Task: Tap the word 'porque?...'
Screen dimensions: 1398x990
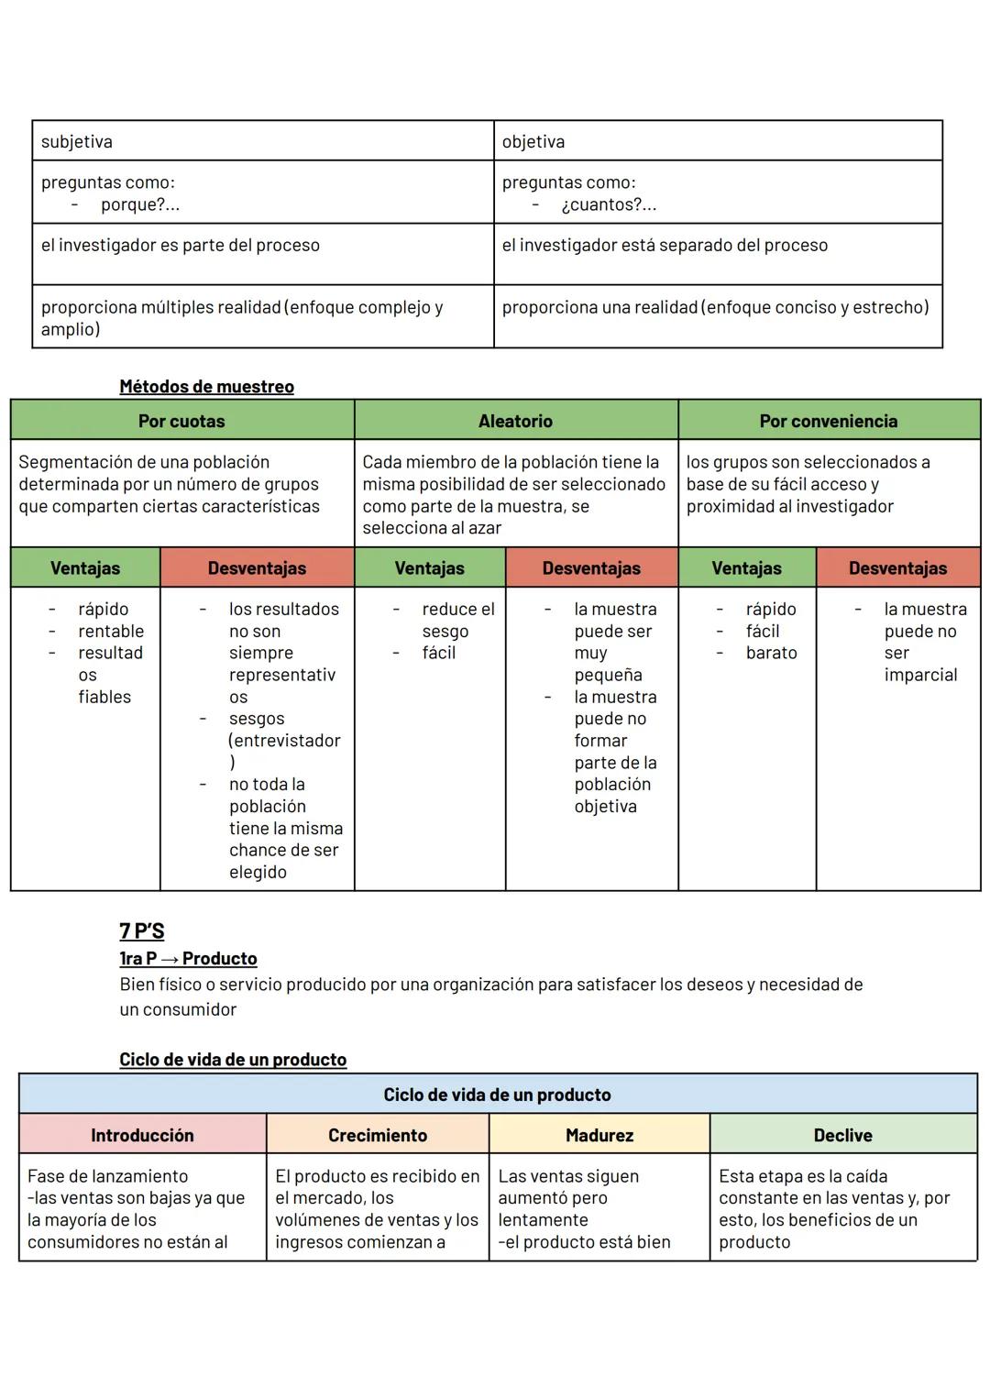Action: coord(140,204)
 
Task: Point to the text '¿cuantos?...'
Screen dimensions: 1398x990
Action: coord(609,204)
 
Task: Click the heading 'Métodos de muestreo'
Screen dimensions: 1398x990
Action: coord(206,387)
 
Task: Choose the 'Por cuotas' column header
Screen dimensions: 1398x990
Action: coord(181,422)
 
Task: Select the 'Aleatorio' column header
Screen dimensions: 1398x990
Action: coord(515,422)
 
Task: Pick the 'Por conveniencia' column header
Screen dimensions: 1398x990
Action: coord(828,422)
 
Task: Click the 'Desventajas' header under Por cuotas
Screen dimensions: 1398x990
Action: coord(257,568)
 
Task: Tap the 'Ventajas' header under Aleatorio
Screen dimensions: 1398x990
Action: coord(429,568)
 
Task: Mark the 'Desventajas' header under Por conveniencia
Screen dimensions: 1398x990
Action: coord(897,568)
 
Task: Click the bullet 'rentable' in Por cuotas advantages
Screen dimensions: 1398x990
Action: coord(111,632)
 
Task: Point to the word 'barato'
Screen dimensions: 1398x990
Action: coord(771,654)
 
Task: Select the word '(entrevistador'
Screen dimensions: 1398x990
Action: coord(284,741)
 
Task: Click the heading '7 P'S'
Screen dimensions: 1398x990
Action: coord(141,931)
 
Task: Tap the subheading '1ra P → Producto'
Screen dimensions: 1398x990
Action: coord(188,959)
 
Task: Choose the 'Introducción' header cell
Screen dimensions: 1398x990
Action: coord(142,1136)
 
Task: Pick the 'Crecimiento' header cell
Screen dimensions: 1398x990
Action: coord(378,1136)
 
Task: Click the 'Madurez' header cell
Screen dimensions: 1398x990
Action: coord(599,1136)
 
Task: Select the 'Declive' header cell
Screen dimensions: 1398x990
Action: coord(842,1136)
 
